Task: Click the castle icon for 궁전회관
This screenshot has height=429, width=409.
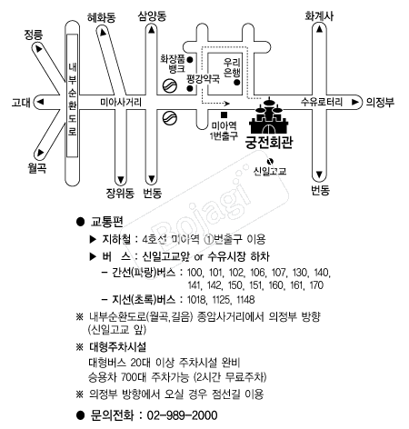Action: pyautogui.click(x=269, y=115)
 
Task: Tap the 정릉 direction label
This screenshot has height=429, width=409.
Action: pyautogui.click(x=34, y=35)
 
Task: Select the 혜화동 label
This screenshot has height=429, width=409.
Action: pyautogui.click(x=102, y=17)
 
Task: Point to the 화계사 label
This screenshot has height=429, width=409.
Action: pyautogui.click(x=319, y=15)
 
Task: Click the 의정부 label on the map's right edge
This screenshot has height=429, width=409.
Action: pyautogui.click(x=380, y=102)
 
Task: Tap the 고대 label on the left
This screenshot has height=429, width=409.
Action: pyautogui.click(x=21, y=103)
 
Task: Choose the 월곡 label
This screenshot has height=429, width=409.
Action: pyautogui.click(x=37, y=167)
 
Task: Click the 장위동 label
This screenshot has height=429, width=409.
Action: pyautogui.click(x=120, y=193)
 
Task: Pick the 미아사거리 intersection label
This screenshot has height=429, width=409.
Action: pyautogui.click(x=121, y=102)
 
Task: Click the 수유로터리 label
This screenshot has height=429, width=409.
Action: pyautogui.click(x=322, y=102)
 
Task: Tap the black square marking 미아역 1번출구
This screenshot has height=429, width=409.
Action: pyautogui.click(x=224, y=115)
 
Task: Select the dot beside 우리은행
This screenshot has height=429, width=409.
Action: pyautogui.click(x=237, y=82)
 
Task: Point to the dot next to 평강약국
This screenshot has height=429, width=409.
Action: pyautogui.click(x=190, y=88)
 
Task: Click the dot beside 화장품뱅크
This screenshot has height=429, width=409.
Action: pyautogui.click(x=190, y=60)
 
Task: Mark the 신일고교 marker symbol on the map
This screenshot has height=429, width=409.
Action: pyautogui.click(x=270, y=161)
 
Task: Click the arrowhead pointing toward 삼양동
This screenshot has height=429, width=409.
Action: pyautogui.click(x=152, y=29)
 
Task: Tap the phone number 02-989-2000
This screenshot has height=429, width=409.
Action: pyautogui.click(x=182, y=415)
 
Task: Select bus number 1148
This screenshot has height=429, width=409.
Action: pyautogui.click(x=245, y=300)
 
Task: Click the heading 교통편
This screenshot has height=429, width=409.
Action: pyautogui.click(x=106, y=222)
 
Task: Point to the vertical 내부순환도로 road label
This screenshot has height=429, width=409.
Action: pyautogui.click(x=72, y=98)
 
